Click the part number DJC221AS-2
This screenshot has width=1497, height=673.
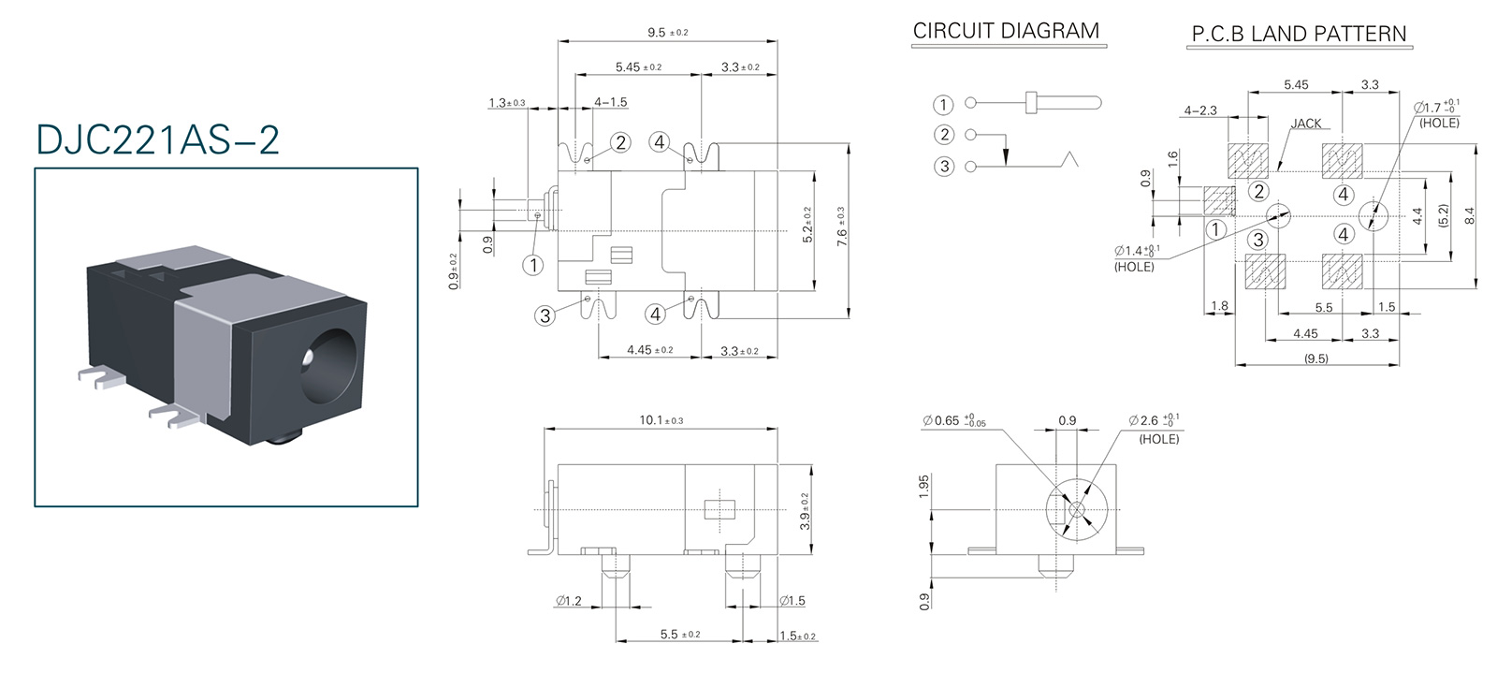[x=157, y=139]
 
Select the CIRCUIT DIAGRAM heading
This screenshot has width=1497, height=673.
[x=1006, y=31]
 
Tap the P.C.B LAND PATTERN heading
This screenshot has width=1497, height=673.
[x=1298, y=35]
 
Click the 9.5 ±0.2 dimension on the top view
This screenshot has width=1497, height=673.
[x=667, y=33]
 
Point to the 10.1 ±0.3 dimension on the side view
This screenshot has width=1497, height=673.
[x=661, y=420]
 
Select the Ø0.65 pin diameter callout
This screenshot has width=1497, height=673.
[x=954, y=421]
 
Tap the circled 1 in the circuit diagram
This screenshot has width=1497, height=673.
[x=943, y=104]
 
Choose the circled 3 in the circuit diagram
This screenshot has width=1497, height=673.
[x=943, y=167]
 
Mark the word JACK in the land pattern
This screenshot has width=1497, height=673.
[x=1306, y=124]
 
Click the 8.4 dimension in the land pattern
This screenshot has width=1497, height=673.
[x=1469, y=216]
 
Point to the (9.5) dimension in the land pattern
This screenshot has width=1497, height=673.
[x=1315, y=358]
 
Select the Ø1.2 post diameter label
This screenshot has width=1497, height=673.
[x=568, y=601]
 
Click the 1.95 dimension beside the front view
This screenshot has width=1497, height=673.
[x=924, y=486]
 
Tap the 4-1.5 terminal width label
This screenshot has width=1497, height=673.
[x=610, y=102]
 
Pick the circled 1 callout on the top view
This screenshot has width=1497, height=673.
[x=532, y=265]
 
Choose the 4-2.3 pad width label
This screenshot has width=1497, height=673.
[x=1200, y=110]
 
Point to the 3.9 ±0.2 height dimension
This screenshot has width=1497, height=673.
[x=805, y=511]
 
